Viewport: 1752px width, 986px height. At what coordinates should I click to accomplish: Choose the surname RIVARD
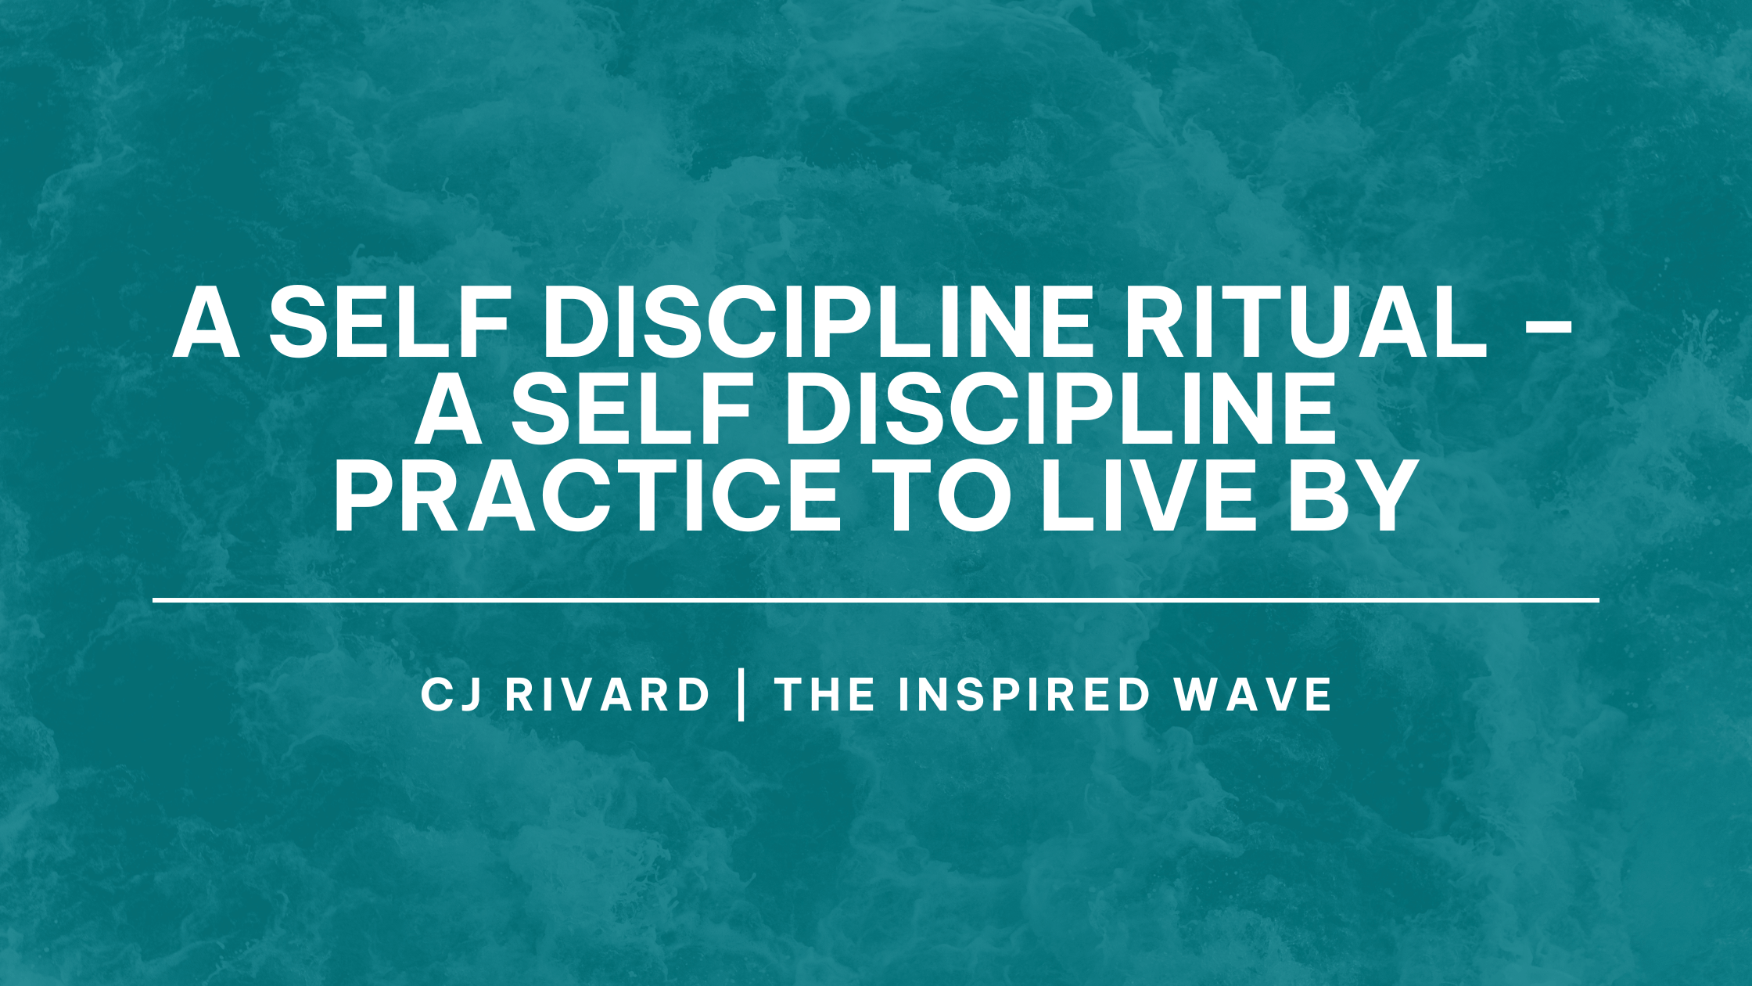[608, 695]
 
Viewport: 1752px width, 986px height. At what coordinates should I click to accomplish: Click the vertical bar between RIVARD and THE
[741, 696]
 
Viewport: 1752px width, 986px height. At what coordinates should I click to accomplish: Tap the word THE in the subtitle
[825, 695]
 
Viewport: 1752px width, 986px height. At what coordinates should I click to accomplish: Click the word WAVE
[1252, 695]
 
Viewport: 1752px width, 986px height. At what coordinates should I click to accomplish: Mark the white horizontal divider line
[876, 600]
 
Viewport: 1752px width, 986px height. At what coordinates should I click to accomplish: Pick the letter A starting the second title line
[449, 409]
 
